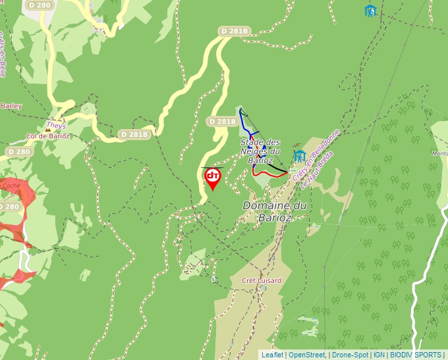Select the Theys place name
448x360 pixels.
coord(56,125)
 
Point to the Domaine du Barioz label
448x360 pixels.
coord(275,211)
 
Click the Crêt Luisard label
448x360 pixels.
coord(262,280)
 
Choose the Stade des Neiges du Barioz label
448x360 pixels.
coord(260,151)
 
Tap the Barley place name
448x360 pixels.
coord(11,106)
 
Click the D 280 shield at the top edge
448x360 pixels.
coord(40,5)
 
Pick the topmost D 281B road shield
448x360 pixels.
coord(235,31)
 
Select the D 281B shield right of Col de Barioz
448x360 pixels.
coord(134,134)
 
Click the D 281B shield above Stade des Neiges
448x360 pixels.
coord(221,122)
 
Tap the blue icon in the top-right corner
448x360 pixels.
coord(370,11)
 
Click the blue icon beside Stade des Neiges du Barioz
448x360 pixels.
coord(300,156)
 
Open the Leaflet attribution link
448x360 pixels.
coord(272,355)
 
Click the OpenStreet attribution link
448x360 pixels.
coord(306,355)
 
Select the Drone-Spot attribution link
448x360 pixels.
coord(349,355)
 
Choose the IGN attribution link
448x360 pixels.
coord(379,355)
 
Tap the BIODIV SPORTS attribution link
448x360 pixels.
coord(415,355)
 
